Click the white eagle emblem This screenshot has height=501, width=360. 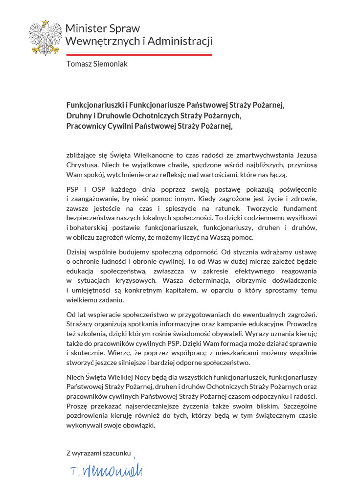(45, 38)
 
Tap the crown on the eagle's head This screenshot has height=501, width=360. (45, 23)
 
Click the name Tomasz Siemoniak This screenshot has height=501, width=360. (97, 64)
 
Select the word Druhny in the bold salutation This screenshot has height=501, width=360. (79, 115)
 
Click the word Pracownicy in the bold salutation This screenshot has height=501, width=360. (86, 126)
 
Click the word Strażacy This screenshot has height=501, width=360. (81, 324)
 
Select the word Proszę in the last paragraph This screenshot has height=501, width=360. (77, 406)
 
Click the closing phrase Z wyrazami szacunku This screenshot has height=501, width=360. (99, 453)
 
